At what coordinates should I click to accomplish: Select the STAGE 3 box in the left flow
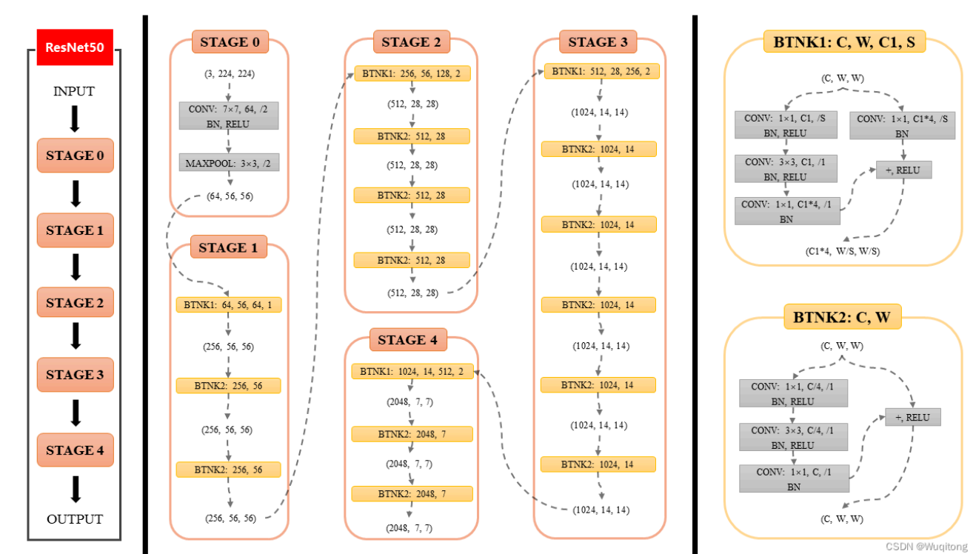(75, 375)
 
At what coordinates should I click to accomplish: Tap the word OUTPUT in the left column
(75, 519)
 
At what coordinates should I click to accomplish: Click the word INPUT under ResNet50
(74, 91)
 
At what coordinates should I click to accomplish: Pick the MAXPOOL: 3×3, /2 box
(229, 162)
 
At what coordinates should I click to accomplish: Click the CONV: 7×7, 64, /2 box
(229, 116)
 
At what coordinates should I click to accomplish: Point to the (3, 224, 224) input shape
(229, 74)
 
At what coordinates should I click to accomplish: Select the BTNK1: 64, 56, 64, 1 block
(229, 304)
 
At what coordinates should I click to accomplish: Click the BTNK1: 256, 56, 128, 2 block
(412, 73)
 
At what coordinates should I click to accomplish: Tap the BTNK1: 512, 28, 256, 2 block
(601, 72)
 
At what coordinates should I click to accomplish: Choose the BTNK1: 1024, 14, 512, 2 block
(412, 371)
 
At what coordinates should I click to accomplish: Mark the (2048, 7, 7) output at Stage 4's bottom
(410, 528)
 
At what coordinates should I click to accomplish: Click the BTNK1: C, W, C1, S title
(844, 42)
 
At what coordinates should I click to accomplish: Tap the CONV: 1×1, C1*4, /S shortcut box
(902, 125)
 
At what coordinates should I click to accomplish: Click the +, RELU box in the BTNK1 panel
(903, 170)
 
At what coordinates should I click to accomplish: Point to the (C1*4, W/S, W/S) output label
(843, 251)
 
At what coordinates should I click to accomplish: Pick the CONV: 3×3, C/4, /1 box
(793, 437)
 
